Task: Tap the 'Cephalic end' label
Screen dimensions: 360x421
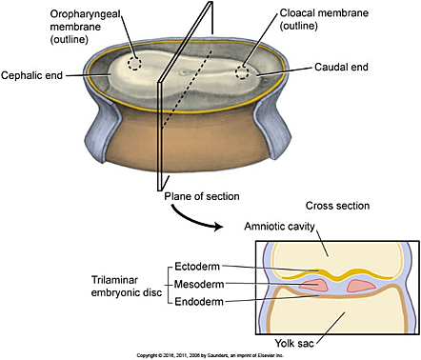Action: [35, 74]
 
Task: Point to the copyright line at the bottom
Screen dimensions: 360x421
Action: [210, 354]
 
